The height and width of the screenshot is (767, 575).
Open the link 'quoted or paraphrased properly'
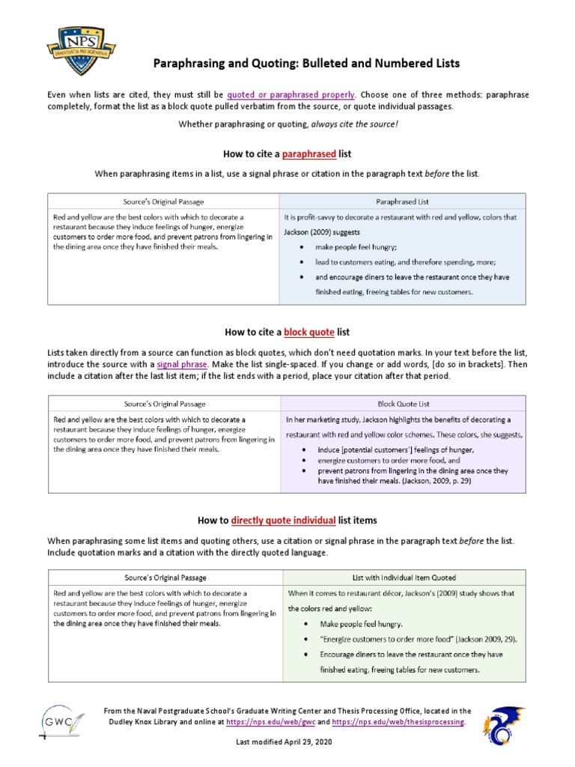(291, 95)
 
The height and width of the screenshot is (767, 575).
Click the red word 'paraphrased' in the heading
(308, 154)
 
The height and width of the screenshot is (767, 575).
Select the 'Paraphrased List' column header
(402, 201)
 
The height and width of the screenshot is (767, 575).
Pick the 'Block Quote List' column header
(403, 403)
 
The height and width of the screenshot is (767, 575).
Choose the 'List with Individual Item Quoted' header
(404, 577)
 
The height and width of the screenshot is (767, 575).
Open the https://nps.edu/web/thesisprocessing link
(398, 722)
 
